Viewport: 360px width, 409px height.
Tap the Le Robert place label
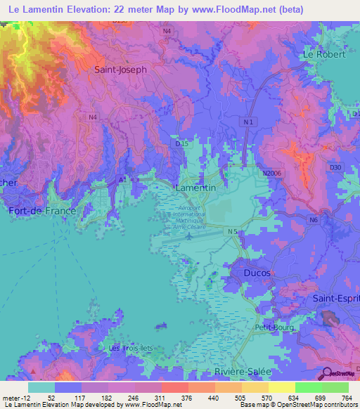[x=323, y=54]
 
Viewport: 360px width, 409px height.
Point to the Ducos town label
[x=257, y=272]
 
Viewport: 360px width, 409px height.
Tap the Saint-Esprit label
[x=336, y=299]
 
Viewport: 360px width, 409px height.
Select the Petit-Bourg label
[x=274, y=327]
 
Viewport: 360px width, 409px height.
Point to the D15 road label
[x=182, y=143]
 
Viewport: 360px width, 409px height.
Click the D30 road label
[x=334, y=167]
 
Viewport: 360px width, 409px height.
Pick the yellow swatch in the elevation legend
[x=281, y=387]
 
